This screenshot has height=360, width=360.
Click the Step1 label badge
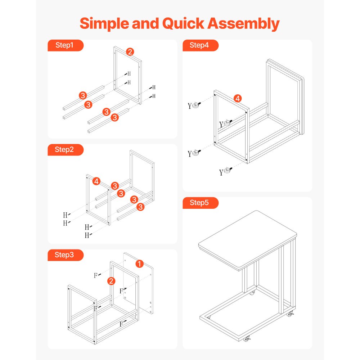65,45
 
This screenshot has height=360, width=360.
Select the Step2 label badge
65,150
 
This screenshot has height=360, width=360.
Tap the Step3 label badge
65,255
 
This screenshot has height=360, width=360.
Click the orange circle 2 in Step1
130,52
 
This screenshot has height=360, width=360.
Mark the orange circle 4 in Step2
96,181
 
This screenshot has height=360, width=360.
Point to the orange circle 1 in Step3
140,264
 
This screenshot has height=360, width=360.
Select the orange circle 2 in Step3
112,281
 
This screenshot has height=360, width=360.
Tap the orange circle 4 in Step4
238,98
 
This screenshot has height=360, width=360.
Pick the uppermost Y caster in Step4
195,105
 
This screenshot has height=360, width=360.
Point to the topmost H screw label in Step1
129,73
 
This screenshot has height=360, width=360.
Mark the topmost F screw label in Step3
96,275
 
